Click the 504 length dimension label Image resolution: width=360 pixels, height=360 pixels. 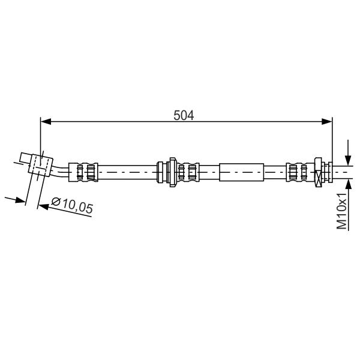point(184,115)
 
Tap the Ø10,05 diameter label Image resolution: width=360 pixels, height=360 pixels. point(73,205)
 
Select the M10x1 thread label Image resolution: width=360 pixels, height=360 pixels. point(341,211)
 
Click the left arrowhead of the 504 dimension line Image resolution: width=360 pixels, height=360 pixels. point(46,122)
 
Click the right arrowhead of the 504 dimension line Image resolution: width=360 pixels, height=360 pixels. point(327,122)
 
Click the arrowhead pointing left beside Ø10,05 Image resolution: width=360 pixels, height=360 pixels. point(43,206)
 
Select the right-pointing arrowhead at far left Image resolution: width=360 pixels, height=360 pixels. point(20,200)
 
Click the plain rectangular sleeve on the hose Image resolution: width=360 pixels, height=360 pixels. point(242,172)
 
